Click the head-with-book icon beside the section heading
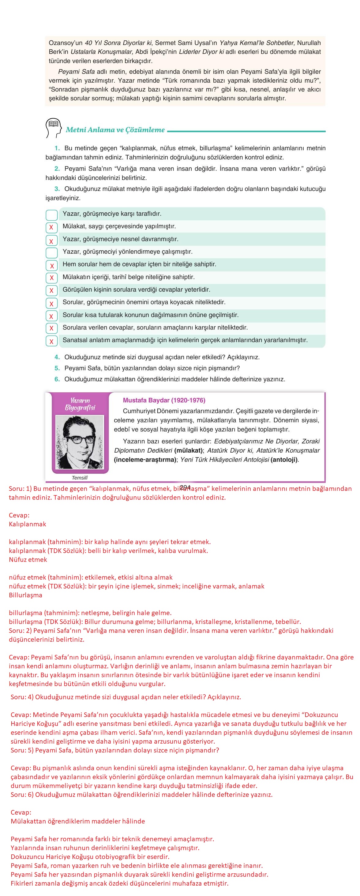coord(53,128)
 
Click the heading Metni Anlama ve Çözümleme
coord(115,130)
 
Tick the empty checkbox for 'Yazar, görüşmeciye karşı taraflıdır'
coord(51,215)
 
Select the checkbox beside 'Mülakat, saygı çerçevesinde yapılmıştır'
coord(51,227)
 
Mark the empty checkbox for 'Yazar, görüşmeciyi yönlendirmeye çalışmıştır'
coord(51,253)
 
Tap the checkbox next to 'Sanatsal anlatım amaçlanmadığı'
coord(51,341)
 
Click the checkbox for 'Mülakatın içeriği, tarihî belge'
coord(51,278)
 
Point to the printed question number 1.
coord(57,148)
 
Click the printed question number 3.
coord(57,189)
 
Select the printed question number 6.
coord(57,379)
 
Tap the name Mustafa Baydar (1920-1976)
coord(164,400)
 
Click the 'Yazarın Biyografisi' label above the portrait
coord(80,404)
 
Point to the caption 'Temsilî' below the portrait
coord(80,478)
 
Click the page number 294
coord(186,487)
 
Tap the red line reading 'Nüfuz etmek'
coord(28,560)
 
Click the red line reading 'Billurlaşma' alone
coord(25,595)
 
